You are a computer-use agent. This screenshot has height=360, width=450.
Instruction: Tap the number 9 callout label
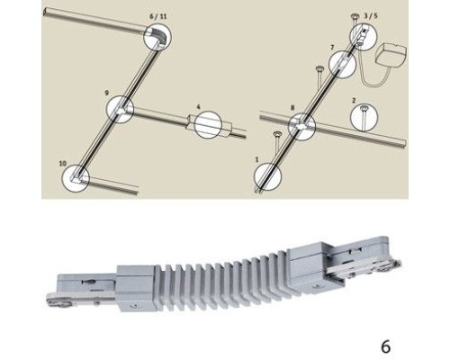pos(107,93)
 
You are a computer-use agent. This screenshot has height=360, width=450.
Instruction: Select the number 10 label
pos(63,163)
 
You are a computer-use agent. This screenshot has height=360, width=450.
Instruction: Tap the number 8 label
pos(291,107)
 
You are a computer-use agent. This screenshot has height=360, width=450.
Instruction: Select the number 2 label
pos(355,101)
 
